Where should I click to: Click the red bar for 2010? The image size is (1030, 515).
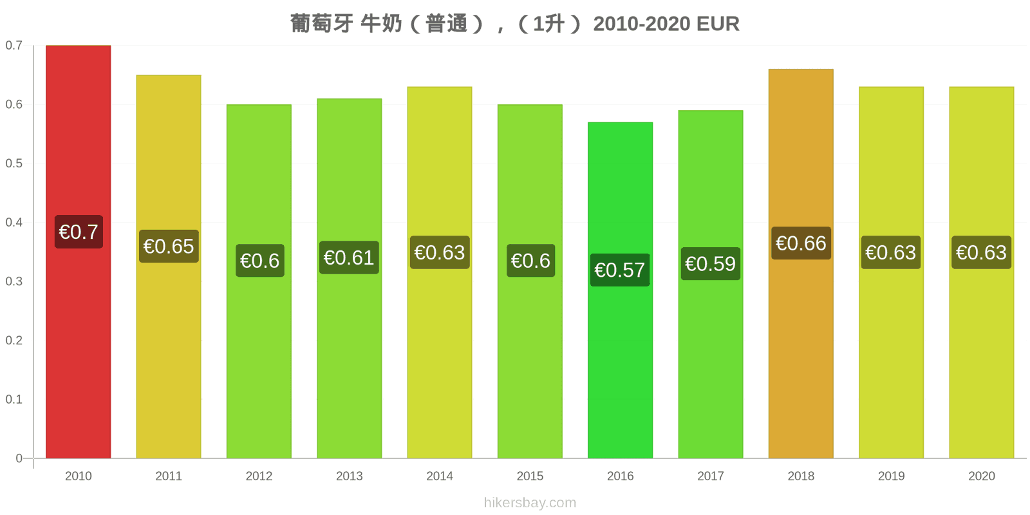coord(78,252)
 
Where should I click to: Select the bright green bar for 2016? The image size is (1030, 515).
coord(621,290)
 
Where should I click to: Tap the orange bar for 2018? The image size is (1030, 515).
coord(801,263)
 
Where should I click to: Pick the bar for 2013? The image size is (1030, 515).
coord(350,278)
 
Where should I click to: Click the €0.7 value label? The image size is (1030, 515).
coord(79,232)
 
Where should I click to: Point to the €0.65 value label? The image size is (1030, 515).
coord(169,247)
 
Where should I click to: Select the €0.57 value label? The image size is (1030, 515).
coord(620,270)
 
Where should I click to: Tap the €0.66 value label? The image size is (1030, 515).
coord(801,243)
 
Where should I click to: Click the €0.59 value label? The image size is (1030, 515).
coord(711,264)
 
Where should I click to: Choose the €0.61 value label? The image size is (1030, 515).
coord(349,258)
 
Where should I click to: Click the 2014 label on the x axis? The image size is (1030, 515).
coord(440,476)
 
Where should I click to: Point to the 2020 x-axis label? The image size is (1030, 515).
coord(982,476)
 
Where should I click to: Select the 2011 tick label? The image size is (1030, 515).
coord(169,476)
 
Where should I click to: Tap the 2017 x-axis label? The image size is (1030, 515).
coord(711,476)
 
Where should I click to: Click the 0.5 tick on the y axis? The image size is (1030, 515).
coord(14,164)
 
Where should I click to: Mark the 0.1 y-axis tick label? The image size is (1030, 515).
coord(14,399)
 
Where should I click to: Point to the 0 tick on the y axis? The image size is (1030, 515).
coord(19,458)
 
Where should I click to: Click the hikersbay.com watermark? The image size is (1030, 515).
coord(530,503)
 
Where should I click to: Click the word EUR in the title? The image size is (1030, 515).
coord(718,24)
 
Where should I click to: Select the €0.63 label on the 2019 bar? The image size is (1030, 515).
coord(891,252)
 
